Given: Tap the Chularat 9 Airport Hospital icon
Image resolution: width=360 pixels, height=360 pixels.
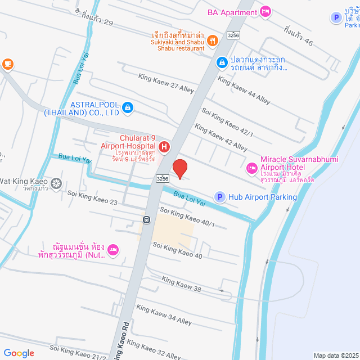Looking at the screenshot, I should pyautogui.click(x=164, y=147).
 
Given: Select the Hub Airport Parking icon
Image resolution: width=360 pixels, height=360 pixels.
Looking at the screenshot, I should pyautogui.click(x=219, y=197).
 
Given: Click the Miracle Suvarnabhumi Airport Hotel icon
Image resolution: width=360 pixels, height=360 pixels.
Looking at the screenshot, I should pyautogui.click(x=251, y=167).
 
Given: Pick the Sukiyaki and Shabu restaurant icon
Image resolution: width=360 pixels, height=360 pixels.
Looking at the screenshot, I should pyautogui.click(x=212, y=39).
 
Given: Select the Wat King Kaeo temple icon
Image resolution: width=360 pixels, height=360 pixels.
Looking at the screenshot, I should pyautogui.click(x=56, y=183).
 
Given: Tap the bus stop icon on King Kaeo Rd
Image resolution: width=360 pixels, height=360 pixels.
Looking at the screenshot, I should pyautogui.click(x=146, y=220).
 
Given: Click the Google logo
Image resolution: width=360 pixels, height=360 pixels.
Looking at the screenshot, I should pyautogui.click(x=19, y=353).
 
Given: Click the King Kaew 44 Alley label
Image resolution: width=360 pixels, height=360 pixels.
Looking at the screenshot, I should pyautogui.click(x=244, y=90).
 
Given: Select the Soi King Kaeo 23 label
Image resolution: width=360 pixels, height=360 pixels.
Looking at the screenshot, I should pyautogui.click(x=92, y=197).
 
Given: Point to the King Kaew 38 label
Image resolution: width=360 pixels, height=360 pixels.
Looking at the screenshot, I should pyautogui.click(x=181, y=284).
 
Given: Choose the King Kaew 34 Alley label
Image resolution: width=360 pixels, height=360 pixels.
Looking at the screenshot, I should pyautogui.click(x=164, y=315).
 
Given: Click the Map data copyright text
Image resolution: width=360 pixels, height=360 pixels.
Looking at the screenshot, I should pyautogui.click(x=335, y=355).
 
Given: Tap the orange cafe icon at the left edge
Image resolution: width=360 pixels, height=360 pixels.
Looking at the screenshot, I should pyautogui.click(x=7, y=64).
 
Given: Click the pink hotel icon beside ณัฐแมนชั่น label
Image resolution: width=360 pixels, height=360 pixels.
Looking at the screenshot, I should pyautogui.click(x=112, y=249).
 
